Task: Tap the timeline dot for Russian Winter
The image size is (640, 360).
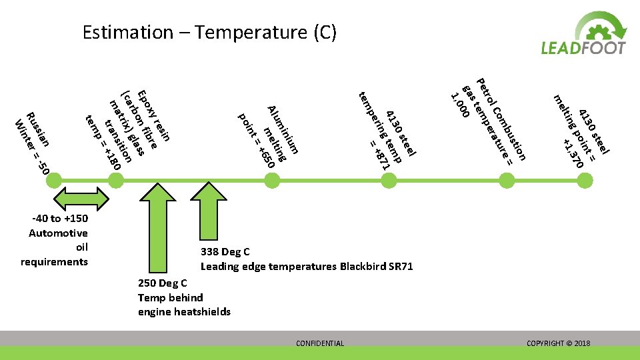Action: tap(54, 179)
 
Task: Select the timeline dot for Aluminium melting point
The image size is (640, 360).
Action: tap(272, 179)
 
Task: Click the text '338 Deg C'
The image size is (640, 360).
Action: tap(225, 252)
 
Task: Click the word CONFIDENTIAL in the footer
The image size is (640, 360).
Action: tap(320, 343)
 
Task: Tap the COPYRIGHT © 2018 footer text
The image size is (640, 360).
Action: tap(558, 343)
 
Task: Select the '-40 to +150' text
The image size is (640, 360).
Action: tap(59, 219)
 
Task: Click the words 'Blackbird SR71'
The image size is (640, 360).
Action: tap(377, 267)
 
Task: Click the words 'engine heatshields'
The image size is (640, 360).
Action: tap(184, 311)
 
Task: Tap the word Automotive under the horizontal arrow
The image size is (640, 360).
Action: tap(58, 233)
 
